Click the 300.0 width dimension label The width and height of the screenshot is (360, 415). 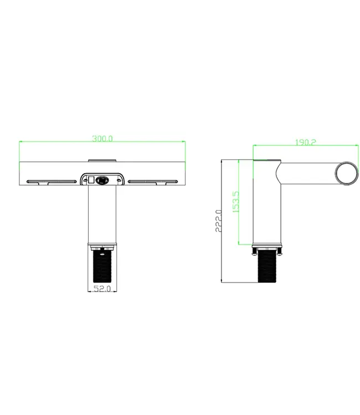tap(102, 139)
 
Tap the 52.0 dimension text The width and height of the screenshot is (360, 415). tap(102, 288)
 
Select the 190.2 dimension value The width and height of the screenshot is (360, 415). tap(305, 142)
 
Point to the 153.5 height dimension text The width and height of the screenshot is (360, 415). tap(235, 203)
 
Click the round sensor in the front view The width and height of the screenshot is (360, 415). tap(102, 179)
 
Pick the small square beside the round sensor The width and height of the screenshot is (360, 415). tap(92, 179)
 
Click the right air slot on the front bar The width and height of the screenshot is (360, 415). tap(152, 180)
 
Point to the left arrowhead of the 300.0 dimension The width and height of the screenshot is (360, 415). tap(21, 142)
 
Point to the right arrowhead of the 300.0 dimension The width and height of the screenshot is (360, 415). tap(183, 142)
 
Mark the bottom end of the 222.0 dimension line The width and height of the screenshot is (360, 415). tap(221, 282)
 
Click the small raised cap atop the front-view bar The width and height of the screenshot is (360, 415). tap(102, 160)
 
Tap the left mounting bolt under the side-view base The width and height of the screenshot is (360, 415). tap(255, 252)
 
